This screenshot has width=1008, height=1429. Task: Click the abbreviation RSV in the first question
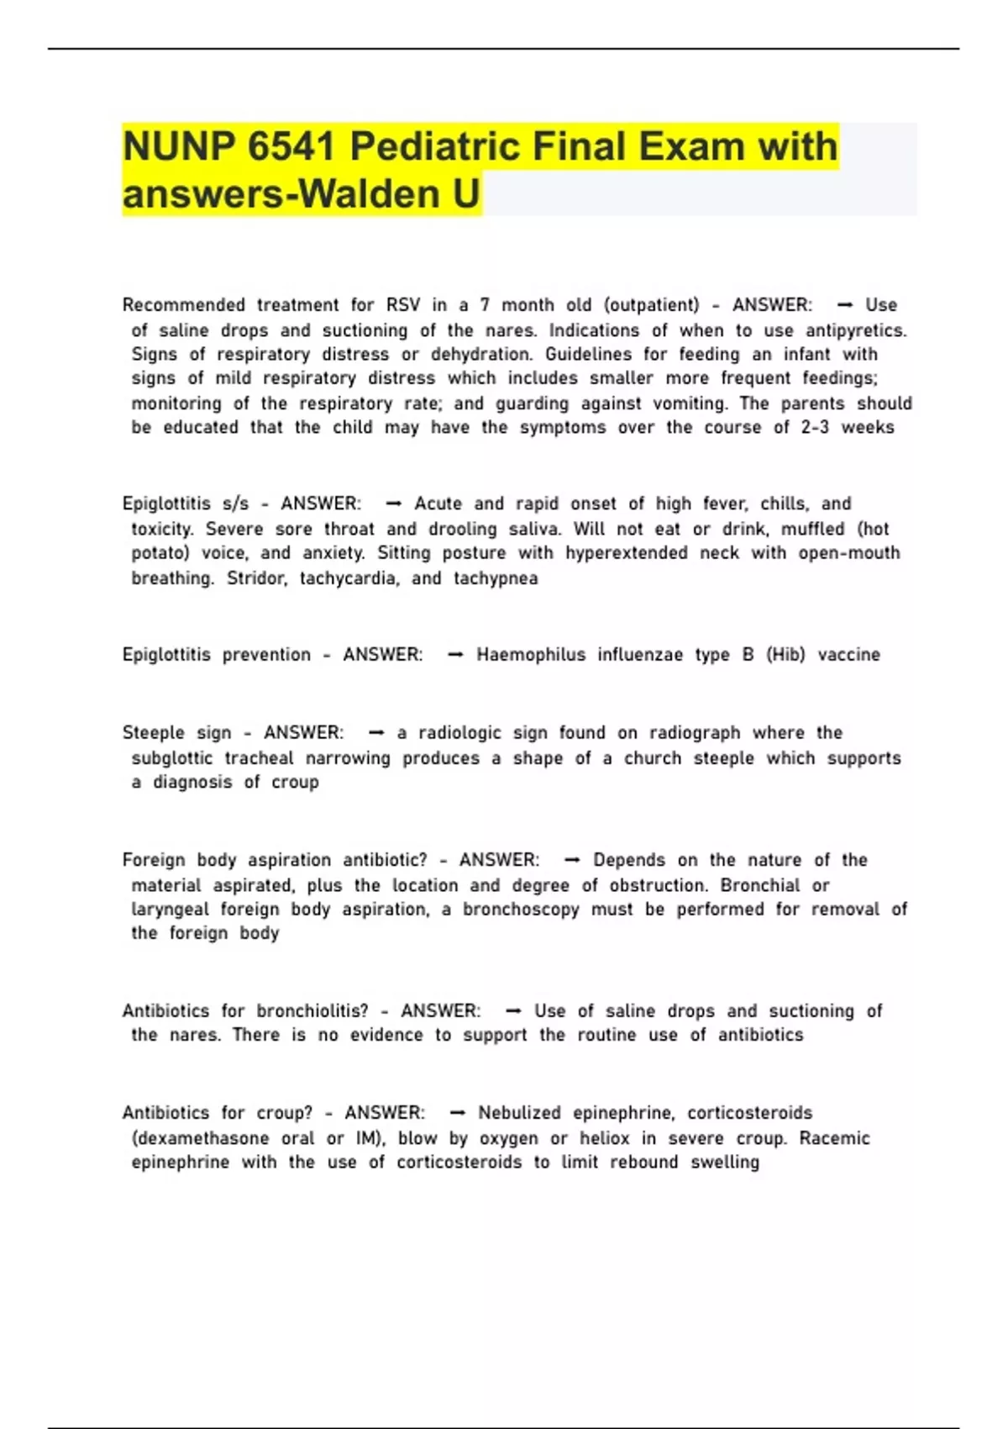point(402,305)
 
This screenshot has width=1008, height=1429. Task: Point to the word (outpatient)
point(651,305)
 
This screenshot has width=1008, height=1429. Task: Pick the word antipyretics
point(856,330)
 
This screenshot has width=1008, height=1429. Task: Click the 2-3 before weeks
point(815,427)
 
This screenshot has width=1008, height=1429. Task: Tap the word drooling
point(463,529)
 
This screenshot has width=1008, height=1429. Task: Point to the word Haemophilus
point(531,655)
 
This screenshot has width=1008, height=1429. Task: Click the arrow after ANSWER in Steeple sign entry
point(376,733)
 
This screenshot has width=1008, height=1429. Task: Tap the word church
point(652,758)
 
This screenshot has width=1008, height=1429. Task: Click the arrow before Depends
point(572,860)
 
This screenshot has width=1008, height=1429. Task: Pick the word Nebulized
point(519,1113)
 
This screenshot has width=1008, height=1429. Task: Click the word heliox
point(604,1138)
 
